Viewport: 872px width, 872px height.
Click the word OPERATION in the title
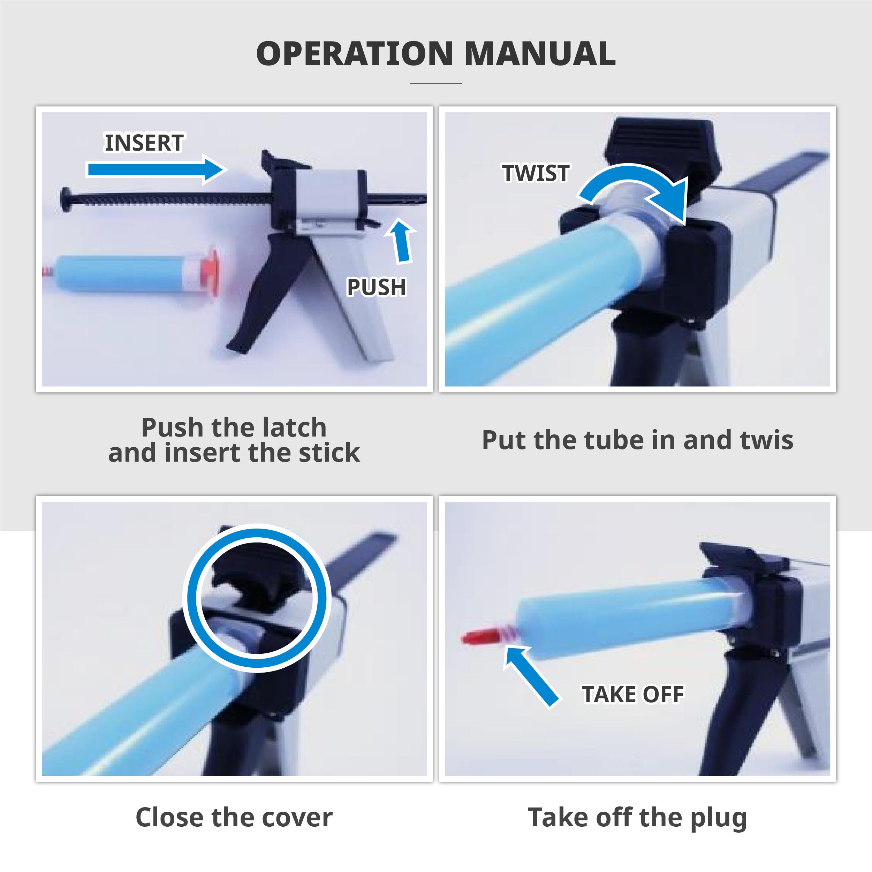[354, 54]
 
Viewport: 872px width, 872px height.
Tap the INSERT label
[144, 143]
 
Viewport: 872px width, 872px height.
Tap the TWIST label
[536, 173]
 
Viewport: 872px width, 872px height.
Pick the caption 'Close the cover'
[234, 817]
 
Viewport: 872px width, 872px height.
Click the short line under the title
[436, 83]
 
